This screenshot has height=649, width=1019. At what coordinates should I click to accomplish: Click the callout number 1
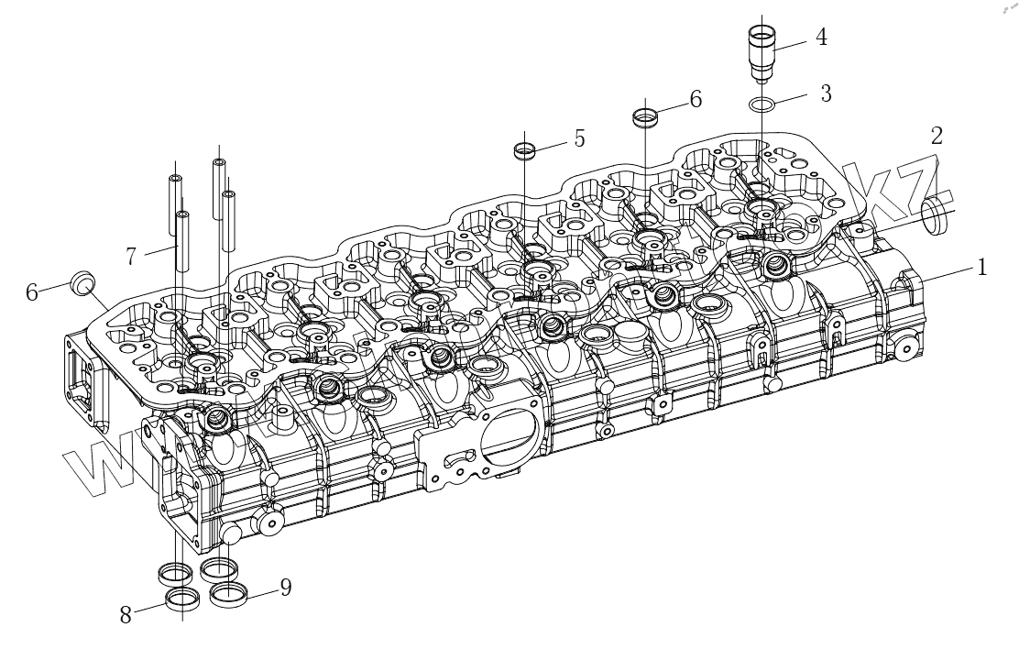pos(982,268)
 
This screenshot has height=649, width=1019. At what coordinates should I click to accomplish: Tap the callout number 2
pos(936,137)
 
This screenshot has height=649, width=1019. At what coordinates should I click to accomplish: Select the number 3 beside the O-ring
pos(826,93)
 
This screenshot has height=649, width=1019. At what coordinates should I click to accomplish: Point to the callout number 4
pos(821,38)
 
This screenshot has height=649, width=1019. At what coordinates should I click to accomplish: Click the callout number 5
pos(579,137)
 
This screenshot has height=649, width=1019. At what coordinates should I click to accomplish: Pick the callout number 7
pos(132,256)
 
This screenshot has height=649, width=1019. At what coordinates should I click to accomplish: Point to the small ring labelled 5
pos(524,149)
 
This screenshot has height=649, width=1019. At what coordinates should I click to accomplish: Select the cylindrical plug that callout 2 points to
pos(936,216)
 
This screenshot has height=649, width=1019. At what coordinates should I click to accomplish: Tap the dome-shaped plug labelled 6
pos(83,283)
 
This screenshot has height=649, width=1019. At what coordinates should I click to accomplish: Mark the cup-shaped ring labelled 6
pos(646,117)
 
